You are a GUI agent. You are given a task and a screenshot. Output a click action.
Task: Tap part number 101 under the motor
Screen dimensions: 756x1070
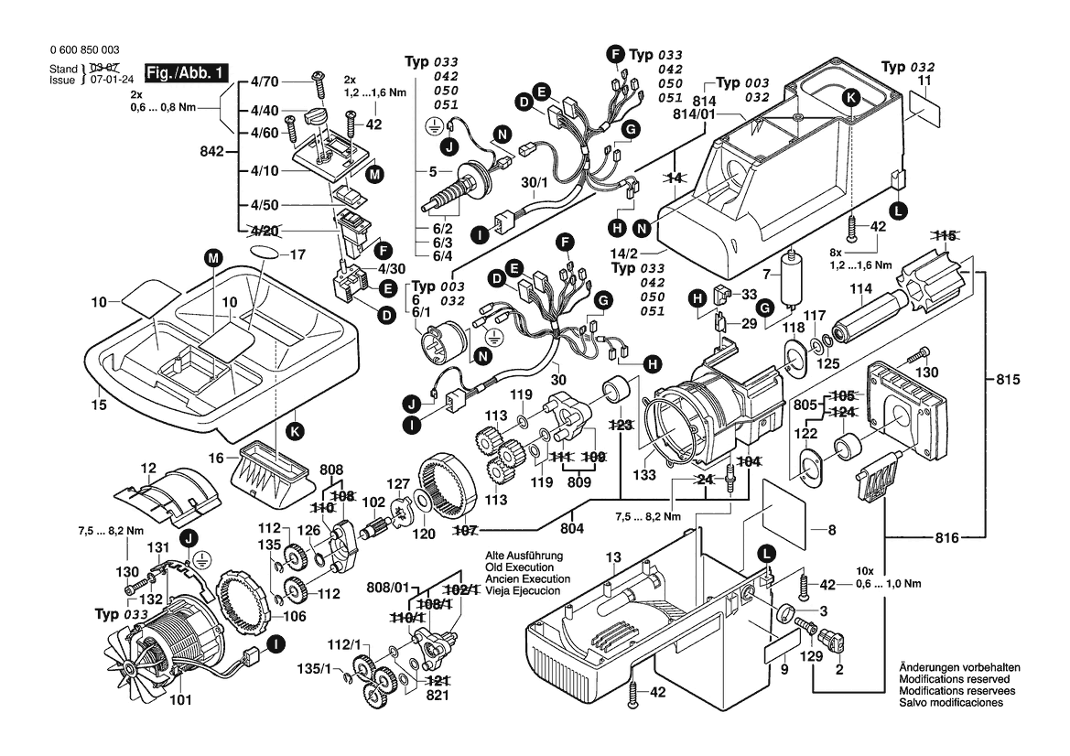[181, 703]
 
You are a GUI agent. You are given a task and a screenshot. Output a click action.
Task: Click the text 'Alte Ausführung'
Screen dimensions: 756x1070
[524, 556]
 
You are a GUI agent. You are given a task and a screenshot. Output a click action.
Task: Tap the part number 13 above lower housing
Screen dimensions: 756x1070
[612, 556]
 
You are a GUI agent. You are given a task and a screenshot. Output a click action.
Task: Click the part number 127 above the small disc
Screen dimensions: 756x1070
[399, 485]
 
